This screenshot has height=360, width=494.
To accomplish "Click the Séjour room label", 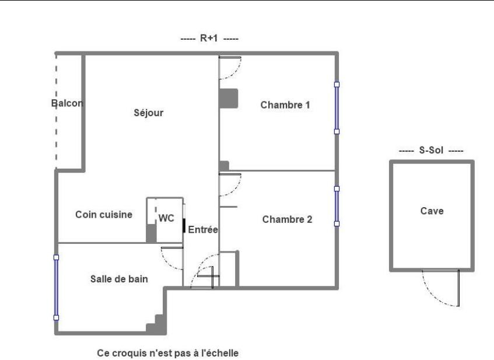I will pyautogui.click(x=149, y=113).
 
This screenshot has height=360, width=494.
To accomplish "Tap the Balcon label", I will pyautogui.click(x=67, y=104).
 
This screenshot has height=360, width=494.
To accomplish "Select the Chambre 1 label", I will pyautogui.click(x=285, y=106).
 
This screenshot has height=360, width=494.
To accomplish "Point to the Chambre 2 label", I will pyautogui.click(x=287, y=219).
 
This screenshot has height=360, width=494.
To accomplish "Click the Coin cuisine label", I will pyautogui.click(x=104, y=215).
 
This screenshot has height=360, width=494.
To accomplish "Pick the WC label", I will pyautogui.click(x=166, y=218).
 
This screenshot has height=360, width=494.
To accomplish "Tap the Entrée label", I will pyautogui.click(x=203, y=230).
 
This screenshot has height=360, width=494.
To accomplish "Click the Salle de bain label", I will pyautogui.click(x=119, y=279).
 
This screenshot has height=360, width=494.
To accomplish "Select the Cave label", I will pyautogui.click(x=432, y=211).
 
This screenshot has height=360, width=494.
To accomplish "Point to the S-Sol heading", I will pyautogui.click(x=431, y=151).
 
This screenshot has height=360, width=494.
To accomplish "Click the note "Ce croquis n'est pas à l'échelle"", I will pyautogui.click(x=167, y=353).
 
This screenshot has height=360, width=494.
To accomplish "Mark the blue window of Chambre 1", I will pyautogui.click(x=337, y=108).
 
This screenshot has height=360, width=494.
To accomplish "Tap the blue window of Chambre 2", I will pyautogui.click(x=337, y=206).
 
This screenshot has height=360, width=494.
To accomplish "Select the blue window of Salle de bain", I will pyautogui.click(x=57, y=287).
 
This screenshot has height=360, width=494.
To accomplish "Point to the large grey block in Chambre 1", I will pyautogui.click(x=229, y=98).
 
